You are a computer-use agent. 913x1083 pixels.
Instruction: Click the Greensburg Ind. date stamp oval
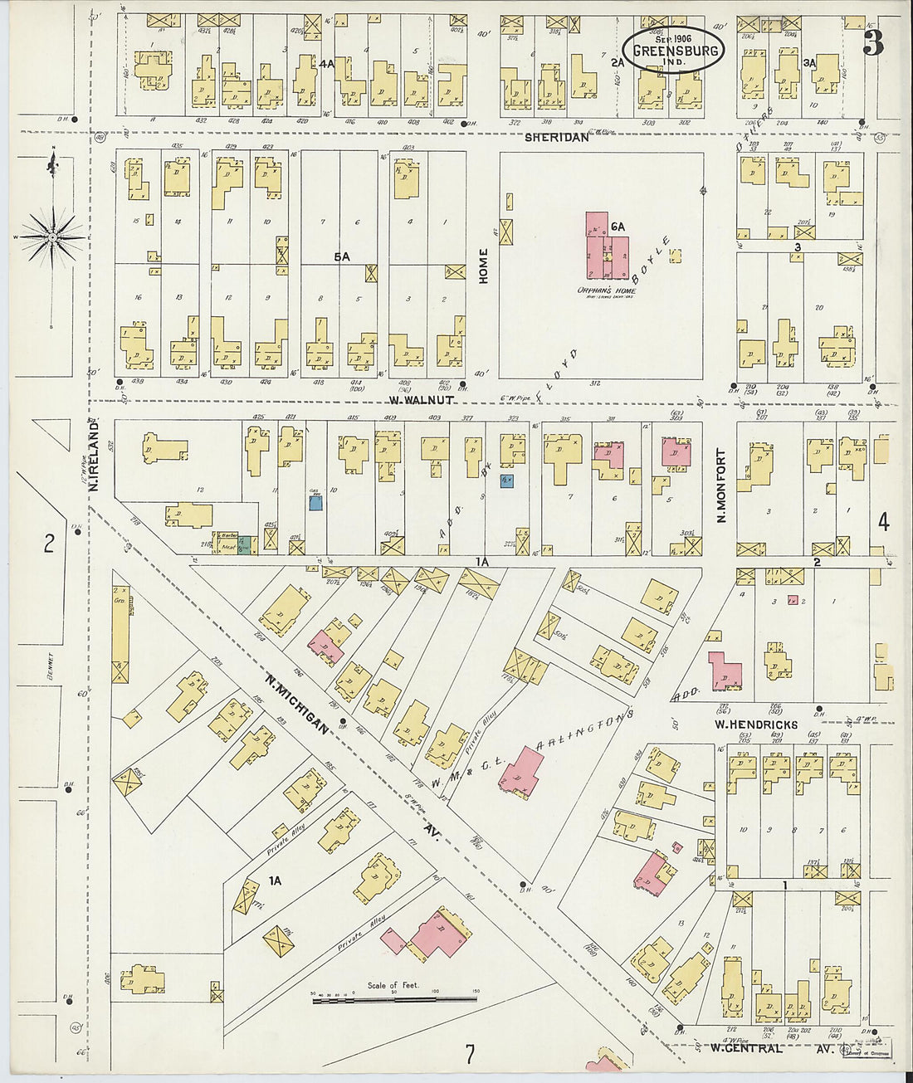[x=673, y=50]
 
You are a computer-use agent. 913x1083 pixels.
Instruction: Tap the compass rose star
[x=53, y=237]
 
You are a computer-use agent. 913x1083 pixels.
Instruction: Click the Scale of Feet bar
[x=394, y=1001]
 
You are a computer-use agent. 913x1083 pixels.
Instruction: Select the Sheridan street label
[x=556, y=138]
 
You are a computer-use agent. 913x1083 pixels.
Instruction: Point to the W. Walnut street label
[x=422, y=400]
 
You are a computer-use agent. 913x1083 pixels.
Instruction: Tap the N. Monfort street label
[x=720, y=485]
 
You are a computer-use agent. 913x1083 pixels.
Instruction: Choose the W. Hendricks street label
[x=756, y=724]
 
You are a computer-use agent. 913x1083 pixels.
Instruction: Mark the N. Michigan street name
[x=295, y=702]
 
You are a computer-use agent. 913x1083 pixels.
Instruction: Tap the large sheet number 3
[x=872, y=43]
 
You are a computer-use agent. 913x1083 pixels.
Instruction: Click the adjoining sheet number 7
[x=470, y=1055]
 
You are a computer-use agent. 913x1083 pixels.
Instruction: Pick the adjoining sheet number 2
[x=49, y=544]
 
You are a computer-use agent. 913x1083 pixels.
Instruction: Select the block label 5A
[x=341, y=257]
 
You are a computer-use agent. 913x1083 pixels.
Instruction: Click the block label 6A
[x=617, y=227]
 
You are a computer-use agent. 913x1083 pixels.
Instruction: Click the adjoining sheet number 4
[x=883, y=522]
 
